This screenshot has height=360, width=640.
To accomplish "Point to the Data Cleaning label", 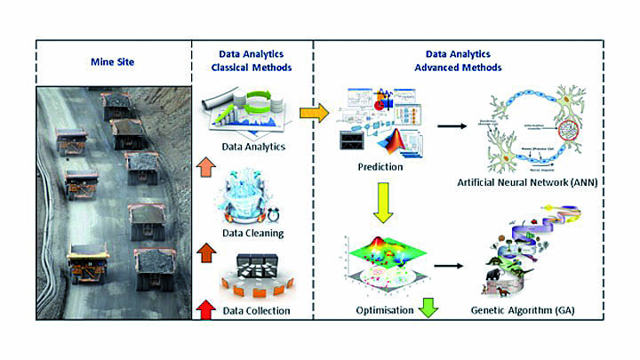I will click(252, 234).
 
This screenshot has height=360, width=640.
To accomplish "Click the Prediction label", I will click(382, 166).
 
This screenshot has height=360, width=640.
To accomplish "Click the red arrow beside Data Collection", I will click(206, 310).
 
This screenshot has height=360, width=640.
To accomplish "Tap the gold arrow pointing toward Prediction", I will click(311, 113).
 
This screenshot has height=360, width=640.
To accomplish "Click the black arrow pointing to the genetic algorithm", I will click(450, 264).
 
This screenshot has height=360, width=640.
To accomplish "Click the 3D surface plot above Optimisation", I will click(382, 262).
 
